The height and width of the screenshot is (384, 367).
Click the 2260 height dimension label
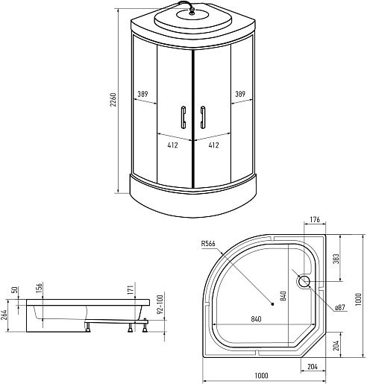(x=113, y=100)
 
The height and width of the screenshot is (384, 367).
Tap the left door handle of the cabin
(x=183, y=118)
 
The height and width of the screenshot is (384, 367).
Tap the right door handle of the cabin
(x=203, y=118)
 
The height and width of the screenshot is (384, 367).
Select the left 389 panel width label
(x=142, y=94)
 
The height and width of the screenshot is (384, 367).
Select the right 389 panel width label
(x=240, y=94)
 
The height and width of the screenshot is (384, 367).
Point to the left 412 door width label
(x=172, y=145)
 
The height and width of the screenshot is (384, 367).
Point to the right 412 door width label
(x=213, y=145)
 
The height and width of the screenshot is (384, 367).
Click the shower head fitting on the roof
(x=191, y=11)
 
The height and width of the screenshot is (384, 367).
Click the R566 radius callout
(x=208, y=244)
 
